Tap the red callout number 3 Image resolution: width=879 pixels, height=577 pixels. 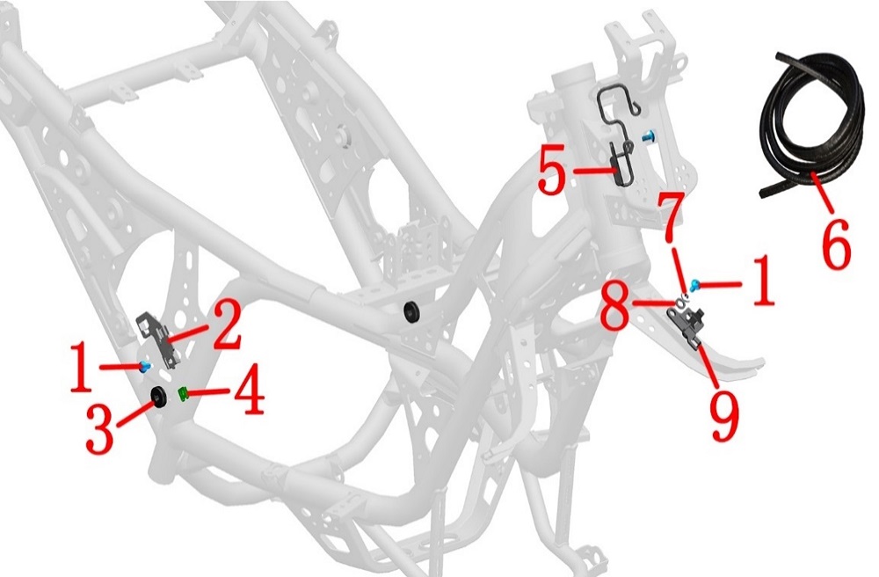[100, 429]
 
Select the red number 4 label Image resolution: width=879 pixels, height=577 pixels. [249, 389]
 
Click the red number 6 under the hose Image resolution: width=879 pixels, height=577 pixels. [835, 245]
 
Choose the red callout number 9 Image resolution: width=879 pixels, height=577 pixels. [723, 415]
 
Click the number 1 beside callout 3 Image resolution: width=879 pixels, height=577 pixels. [81, 368]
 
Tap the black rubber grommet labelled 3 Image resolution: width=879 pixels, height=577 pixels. [158, 397]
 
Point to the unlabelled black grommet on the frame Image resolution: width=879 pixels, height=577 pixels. [412, 312]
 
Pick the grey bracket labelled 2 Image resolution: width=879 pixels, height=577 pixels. [160, 340]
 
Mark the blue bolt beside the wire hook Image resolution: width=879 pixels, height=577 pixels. [650, 135]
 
